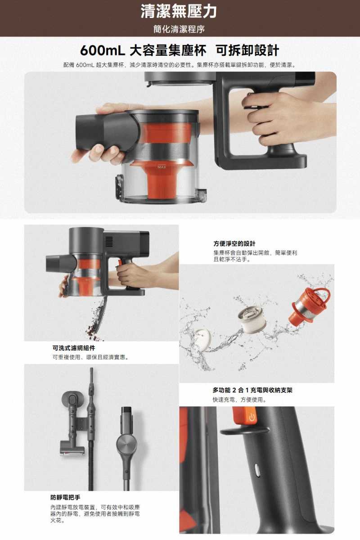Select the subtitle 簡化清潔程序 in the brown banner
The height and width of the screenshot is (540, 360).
(x=179, y=29)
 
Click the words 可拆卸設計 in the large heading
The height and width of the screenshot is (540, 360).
(x=247, y=50)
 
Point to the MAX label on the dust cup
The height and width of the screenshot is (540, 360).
(x=162, y=168)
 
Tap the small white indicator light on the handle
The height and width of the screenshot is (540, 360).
(x=257, y=471)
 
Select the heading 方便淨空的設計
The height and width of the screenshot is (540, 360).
(x=234, y=243)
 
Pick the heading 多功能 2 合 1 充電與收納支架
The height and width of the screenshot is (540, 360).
(x=252, y=390)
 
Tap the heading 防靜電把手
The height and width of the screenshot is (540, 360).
(x=65, y=497)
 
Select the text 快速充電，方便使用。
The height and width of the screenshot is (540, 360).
(x=239, y=400)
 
